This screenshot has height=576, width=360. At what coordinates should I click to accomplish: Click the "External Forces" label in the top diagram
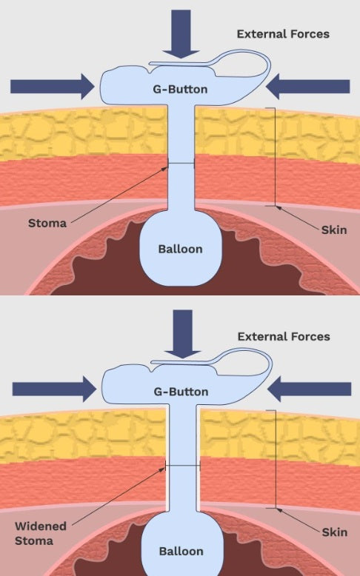[x=283, y=34]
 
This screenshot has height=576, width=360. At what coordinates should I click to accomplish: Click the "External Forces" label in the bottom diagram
[x=284, y=336]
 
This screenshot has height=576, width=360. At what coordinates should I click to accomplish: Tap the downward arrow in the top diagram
[x=181, y=34]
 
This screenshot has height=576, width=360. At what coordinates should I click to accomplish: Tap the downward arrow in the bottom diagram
[x=182, y=334]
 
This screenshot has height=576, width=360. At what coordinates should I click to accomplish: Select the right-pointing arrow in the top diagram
[x=52, y=87]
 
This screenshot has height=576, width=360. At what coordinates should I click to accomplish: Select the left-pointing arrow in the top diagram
[x=307, y=87]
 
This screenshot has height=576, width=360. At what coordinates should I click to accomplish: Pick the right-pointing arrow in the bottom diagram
[x=54, y=389]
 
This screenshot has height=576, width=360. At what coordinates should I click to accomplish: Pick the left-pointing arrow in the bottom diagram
[x=309, y=389]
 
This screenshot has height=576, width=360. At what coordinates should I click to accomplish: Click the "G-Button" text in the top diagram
[x=180, y=90]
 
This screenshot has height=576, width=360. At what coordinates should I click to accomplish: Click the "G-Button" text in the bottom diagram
[x=181, y=392]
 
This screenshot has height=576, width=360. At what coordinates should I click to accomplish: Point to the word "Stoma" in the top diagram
[x=47, y=223]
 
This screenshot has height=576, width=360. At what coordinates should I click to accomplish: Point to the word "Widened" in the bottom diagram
[x=41, y=526]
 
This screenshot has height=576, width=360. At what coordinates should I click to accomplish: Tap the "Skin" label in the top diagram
[x=334, y=230]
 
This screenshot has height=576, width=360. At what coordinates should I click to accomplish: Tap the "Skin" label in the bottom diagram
[x=335, y=532]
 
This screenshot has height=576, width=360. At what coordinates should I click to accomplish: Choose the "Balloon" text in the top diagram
[x=180, y=249]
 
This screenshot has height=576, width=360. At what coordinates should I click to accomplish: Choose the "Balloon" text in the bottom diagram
[x=181, y=551]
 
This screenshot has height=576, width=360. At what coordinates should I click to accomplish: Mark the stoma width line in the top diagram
[x=181, y=163]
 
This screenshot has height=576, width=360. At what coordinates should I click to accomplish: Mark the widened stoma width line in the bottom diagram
[x=183, y=466]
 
